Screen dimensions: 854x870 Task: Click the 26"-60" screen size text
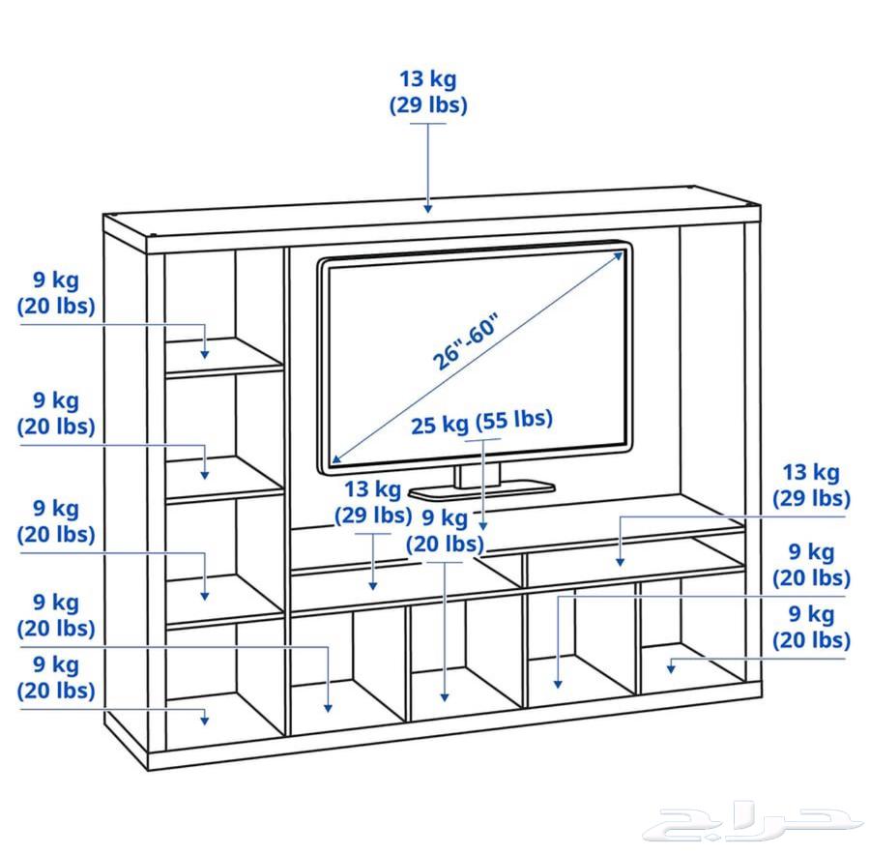pos(464,341)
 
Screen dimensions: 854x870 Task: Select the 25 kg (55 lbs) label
pos(481,423)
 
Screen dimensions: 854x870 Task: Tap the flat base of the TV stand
pos(481,489)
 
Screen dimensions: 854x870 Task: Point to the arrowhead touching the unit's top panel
pos(428,206)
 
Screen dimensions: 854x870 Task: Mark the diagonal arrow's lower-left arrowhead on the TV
pos(335,458)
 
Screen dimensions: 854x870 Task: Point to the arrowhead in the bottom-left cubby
pos(205,718)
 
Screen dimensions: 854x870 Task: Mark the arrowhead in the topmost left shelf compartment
pos(205,354)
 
